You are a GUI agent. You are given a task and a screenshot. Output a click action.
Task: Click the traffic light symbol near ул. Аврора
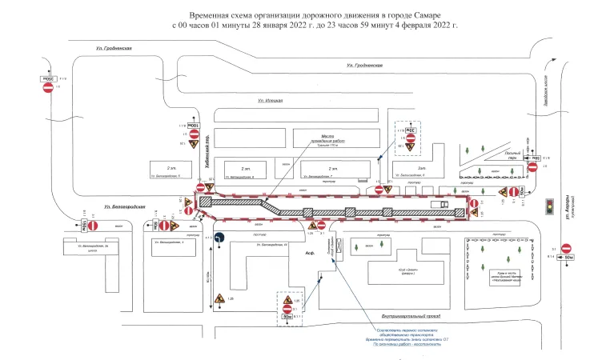549,206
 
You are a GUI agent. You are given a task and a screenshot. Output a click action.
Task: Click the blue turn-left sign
220,238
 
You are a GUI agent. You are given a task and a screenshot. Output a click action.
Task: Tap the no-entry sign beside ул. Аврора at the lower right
567,249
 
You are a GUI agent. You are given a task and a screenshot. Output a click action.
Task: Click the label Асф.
311,252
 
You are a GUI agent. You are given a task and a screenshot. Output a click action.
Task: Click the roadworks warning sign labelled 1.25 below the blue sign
219,299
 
